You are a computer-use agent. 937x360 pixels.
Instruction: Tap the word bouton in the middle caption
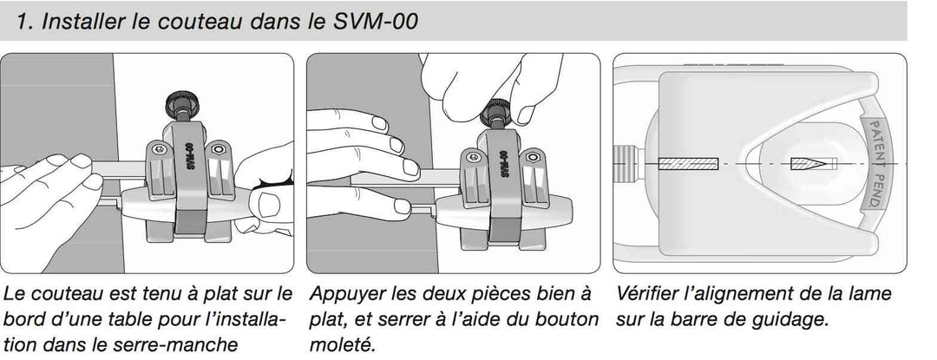568,319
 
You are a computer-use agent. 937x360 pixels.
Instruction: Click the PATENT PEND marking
874,164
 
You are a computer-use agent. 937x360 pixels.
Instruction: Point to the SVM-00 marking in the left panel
189,157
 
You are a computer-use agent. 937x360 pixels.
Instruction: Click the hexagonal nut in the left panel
218,149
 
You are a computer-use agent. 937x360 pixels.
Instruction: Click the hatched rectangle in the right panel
688,163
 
